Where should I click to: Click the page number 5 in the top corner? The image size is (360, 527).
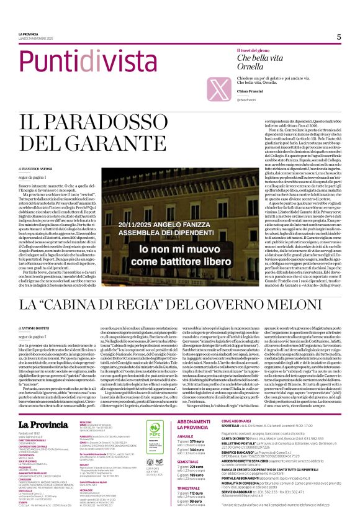coord(339,37)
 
